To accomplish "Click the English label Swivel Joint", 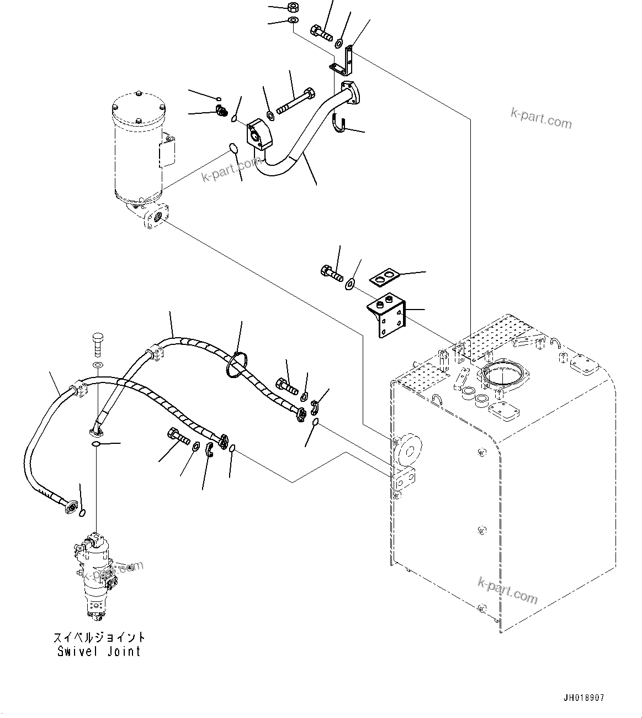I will [x=99, y=651].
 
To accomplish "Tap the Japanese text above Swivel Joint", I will [x=99, y=637].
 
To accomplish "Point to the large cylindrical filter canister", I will [x=138, y=146].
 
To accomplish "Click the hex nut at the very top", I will [x=293, y=8].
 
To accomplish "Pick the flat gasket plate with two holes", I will [x=384, y=278].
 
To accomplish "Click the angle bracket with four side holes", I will [x=389, y=318].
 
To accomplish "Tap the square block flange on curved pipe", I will [x=259, y=135].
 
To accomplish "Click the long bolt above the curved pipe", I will [x=295, y=102].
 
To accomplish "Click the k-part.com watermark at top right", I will [x=541, y=117].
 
